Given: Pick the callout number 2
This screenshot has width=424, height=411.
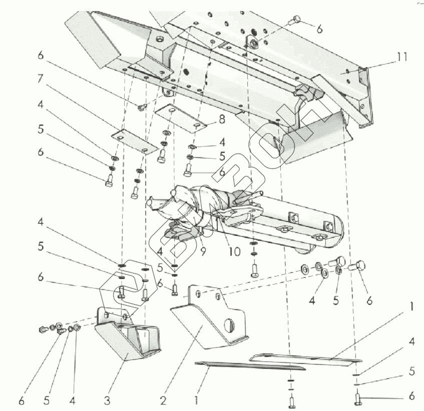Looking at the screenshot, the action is [x=162, y=400].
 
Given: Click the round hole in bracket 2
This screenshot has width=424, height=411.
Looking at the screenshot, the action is [x=229, y=325].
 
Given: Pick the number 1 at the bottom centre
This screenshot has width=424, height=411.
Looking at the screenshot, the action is [x=198, y=400].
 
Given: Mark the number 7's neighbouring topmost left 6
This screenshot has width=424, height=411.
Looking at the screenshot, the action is [x=41, y=56].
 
